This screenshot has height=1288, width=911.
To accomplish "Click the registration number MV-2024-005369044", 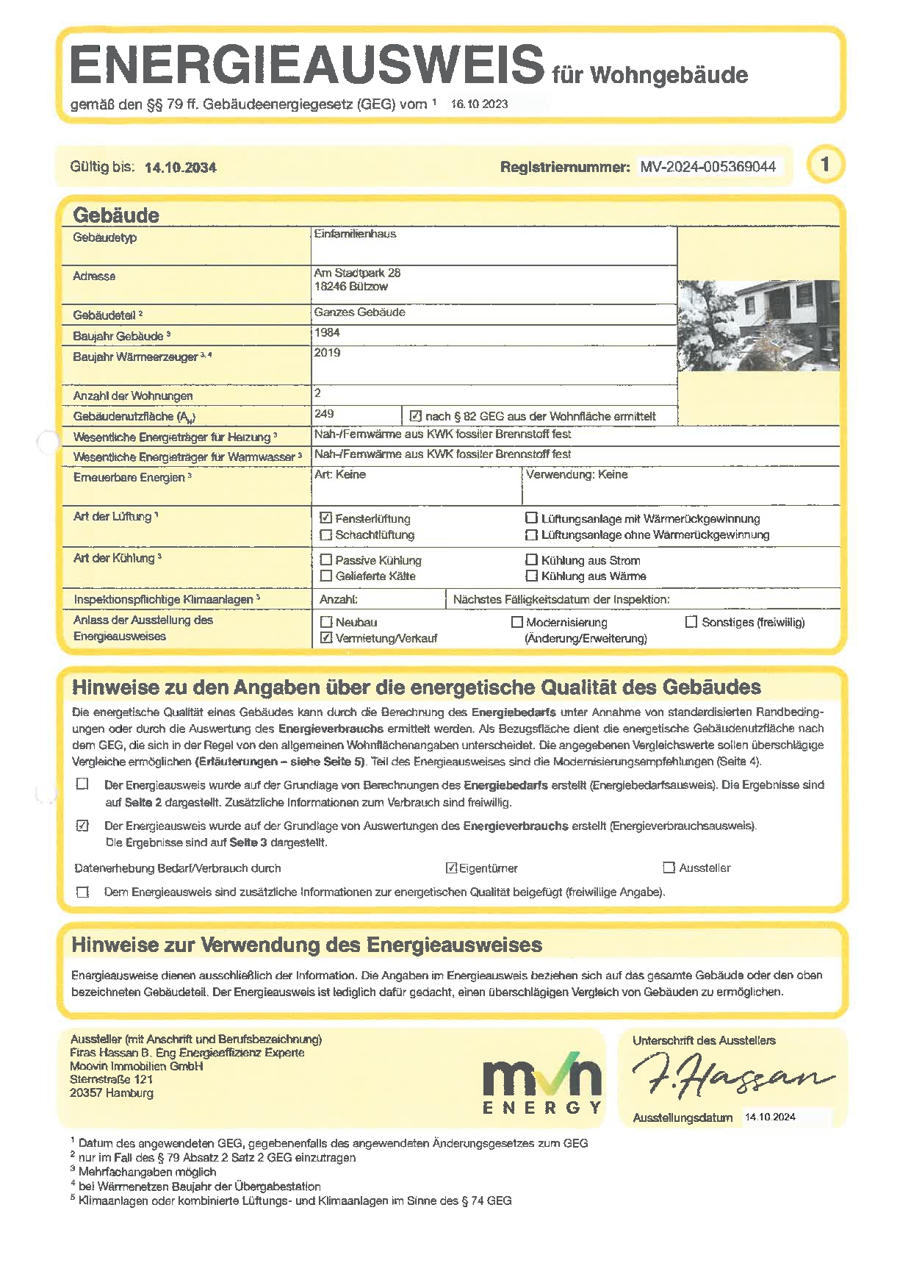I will (x=707, y=167).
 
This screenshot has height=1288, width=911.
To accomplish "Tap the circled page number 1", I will (x=825, y=164).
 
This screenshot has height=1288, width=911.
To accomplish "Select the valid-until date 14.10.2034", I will (x=180, y=168).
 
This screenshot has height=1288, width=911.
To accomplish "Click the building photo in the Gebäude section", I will (x=758, y=325).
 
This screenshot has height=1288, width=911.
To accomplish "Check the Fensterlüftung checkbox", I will (x=326, y=518).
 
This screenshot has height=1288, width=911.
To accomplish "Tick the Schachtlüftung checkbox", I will (x=326, y=535).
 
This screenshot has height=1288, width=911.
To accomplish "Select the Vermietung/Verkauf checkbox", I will (x=326, y=638).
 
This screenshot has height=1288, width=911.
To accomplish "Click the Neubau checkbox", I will (x=326, y=622).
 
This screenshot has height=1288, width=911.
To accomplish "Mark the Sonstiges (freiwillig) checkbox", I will (x=691, y=622).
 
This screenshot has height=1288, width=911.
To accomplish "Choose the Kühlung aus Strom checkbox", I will (x=531, y=560).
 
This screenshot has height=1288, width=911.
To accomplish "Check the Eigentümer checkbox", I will (x=452, y=868).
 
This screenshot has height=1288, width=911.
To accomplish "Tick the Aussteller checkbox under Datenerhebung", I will (x=669, y=868).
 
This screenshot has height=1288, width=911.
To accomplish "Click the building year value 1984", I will (x=327, y=332).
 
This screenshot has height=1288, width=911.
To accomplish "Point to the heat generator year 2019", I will (x=327, y=353).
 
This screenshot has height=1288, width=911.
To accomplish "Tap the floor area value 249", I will (x=324, y=414).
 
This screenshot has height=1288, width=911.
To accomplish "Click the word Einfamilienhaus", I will (x=355, y=234).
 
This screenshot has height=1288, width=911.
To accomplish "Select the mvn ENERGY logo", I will (x=542, y=1083).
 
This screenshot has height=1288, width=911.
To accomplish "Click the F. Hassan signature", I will (x=732, y=1075).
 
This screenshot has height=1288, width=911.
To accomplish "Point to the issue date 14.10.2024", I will (x=770, y=1117).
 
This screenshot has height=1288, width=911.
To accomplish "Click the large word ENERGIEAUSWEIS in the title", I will (x=307, y=65).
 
